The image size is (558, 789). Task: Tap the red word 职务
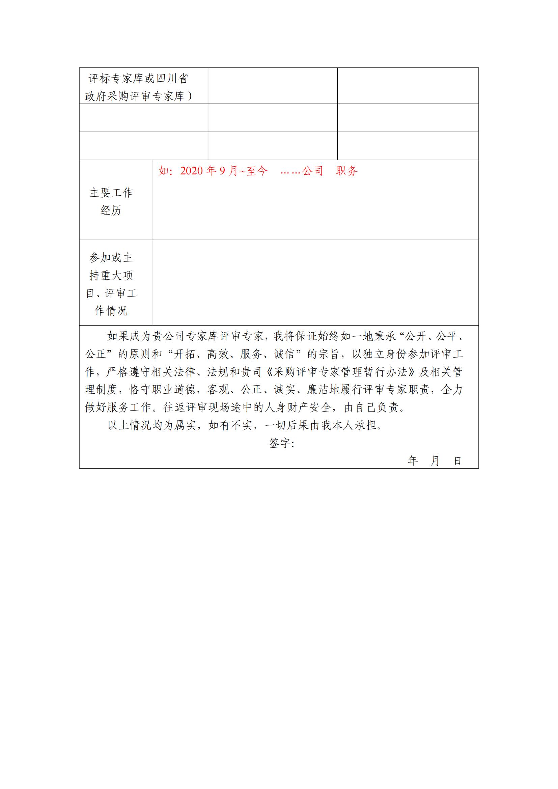tap(347, 171)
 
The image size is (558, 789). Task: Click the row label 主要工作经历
tap(111, 201)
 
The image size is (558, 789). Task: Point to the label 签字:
tap(281, 443)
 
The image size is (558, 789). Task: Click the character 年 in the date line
tap(413, 461)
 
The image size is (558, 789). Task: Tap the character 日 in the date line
tap(457, 461)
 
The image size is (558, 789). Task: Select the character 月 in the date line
tap(435, 461)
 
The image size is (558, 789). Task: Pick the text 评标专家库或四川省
tap(138, 79)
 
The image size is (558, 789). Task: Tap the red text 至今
tap(257, 171)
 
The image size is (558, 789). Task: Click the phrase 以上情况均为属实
tap(152, 425)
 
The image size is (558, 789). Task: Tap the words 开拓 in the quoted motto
tap(185, 354)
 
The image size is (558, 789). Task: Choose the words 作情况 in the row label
tap(111, 311)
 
